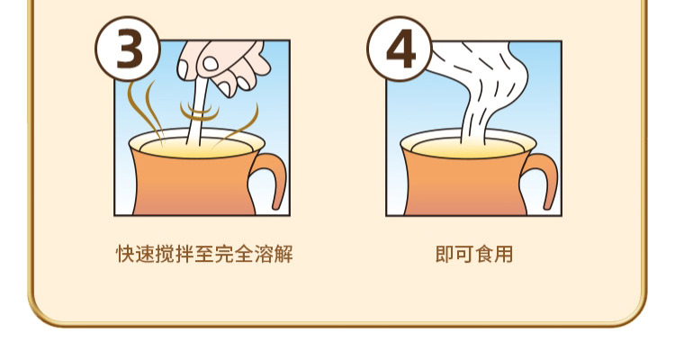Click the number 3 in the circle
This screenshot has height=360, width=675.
pos(129,50)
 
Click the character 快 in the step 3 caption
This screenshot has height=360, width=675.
pos(125,254)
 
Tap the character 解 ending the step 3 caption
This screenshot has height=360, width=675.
pos(283,254)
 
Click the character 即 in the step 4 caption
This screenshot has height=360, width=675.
pos(445,254)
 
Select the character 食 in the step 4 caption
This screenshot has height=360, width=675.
pos(484,254)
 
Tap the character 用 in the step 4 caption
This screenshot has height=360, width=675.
pos(504,254)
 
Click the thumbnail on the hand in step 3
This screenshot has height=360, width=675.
pos(211,64)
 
